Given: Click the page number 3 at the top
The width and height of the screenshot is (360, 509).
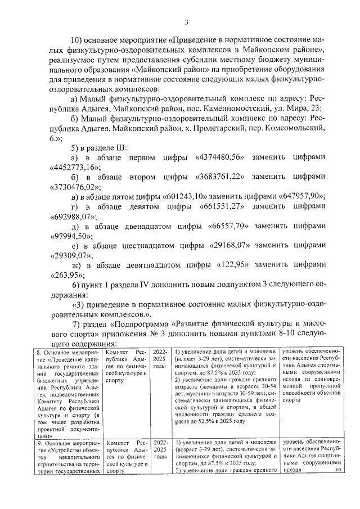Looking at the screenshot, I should pyautogui.click(x=186, y=22).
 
